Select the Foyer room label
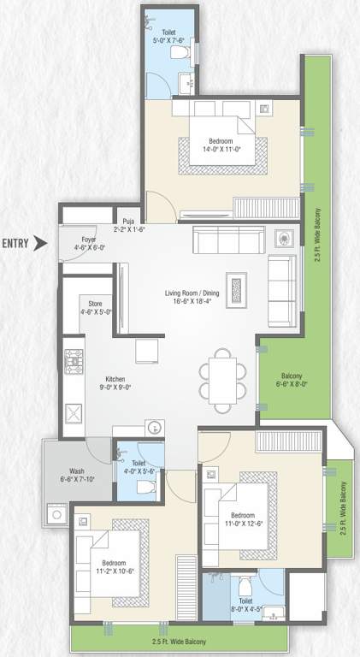tap(88, 240)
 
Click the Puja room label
tap(129, 221)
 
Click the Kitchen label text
tap(115, 379)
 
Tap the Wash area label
tap(77, 471)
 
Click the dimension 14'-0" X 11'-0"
tap(218, 149)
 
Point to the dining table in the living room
tap(221, 375)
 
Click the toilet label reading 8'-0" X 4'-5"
tap(246, 606)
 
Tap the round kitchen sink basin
tap(152, 428)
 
